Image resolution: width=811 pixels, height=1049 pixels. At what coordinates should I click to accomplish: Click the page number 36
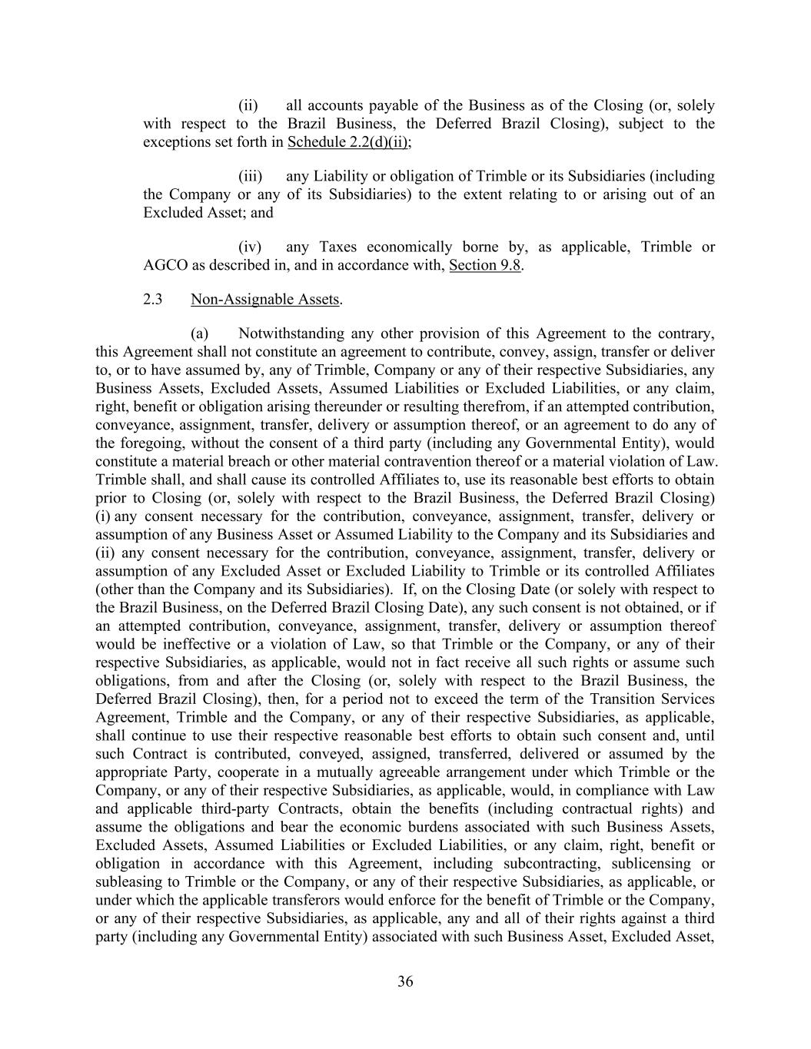405,981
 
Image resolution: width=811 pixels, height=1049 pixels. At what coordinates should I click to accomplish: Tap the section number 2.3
152,300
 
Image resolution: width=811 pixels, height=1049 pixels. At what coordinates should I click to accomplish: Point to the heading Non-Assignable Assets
265,300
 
